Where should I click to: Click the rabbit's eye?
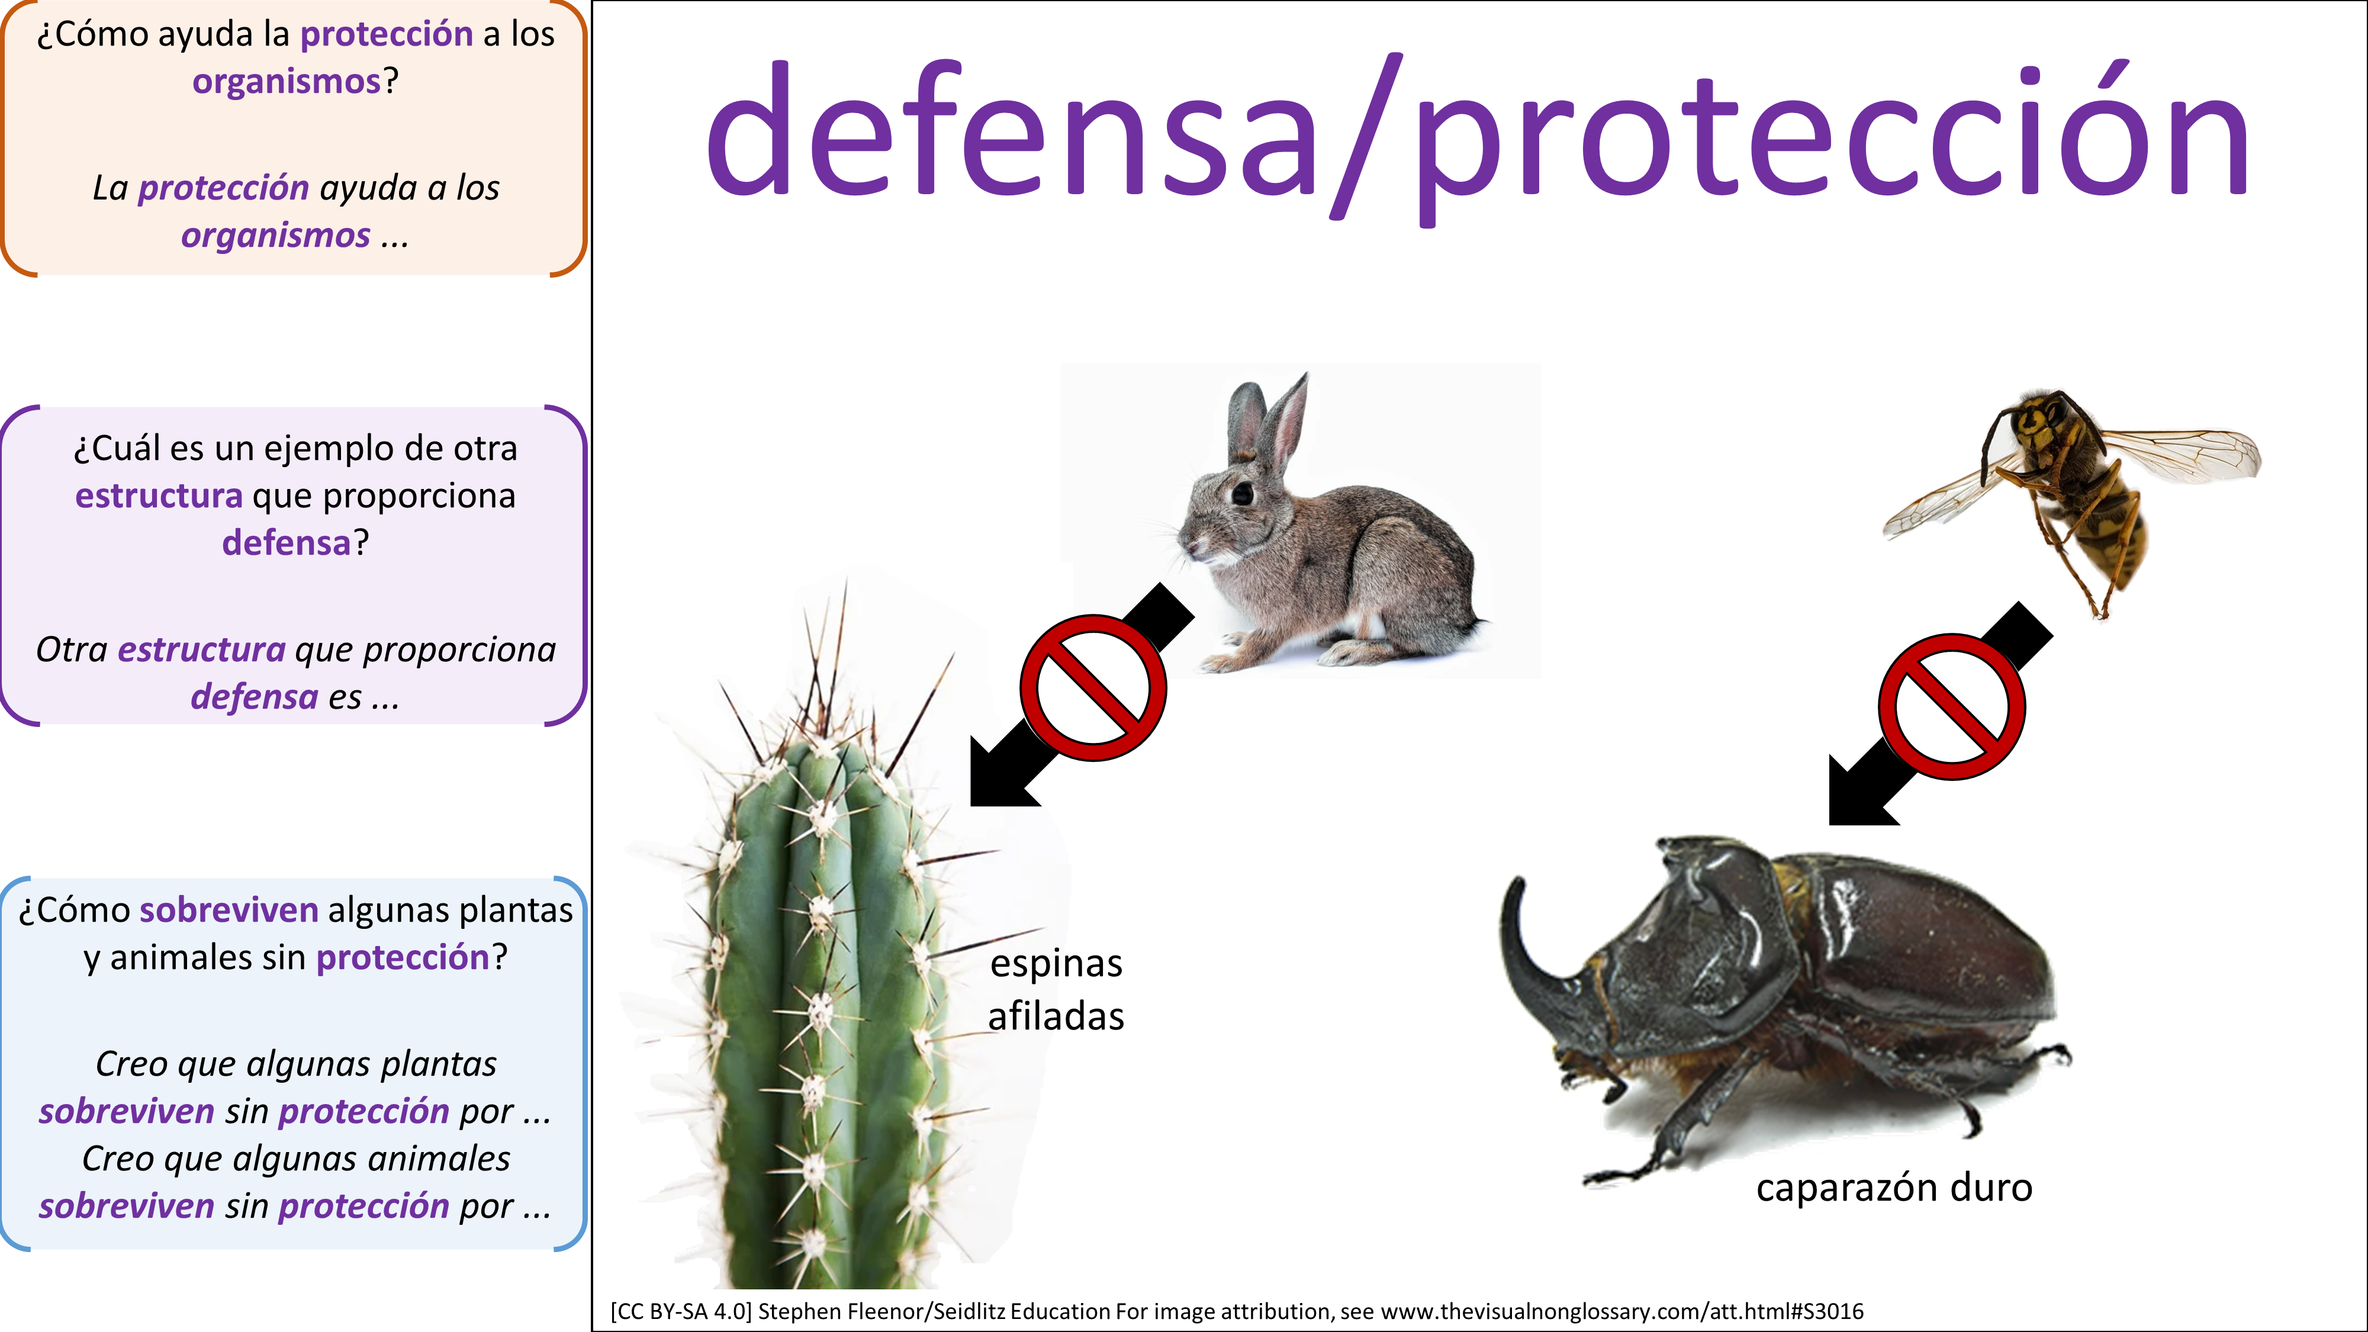1243,494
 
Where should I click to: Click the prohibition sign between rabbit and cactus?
1093,687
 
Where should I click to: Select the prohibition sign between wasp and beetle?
1952,706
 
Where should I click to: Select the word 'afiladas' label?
1056,1016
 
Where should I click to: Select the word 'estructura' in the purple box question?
159,496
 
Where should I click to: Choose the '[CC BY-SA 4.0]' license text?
680,1311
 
